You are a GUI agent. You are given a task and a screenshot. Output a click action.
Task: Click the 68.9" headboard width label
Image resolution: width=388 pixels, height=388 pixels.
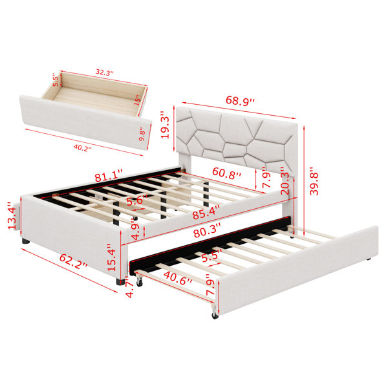coord(240,101)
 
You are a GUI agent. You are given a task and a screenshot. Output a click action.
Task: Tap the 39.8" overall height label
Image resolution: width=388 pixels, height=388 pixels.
coord(314,181)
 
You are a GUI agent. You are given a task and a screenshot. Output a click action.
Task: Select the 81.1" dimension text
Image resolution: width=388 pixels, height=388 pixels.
coord(109,175)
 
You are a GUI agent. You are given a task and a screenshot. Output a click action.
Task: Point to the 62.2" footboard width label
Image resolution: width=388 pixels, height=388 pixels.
coord(73,261)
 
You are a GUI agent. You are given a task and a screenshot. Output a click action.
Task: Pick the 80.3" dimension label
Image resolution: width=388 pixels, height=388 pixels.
coord(207,231)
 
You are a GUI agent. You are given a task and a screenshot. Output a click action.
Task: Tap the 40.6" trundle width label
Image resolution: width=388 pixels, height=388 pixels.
coord(178,277)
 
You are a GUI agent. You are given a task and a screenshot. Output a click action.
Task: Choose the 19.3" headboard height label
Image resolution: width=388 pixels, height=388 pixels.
coord(165,124)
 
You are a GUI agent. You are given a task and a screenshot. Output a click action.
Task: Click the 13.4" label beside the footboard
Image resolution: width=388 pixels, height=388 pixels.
coord(12,215)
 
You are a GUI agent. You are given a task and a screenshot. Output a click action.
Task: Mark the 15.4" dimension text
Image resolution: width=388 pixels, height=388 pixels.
coord(111,257)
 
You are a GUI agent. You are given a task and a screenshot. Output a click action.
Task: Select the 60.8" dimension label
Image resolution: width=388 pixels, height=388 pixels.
coord(226,173)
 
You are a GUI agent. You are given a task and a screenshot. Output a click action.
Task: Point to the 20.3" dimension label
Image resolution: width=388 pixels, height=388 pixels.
coord(285,180)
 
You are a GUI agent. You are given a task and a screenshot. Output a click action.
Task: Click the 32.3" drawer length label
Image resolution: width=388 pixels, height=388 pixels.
coord(105,72)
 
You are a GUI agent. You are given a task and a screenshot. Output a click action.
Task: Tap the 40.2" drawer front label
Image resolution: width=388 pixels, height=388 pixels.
coord(83,148)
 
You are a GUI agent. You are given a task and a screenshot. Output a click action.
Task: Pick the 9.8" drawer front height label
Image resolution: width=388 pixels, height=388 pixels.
coord(142,134)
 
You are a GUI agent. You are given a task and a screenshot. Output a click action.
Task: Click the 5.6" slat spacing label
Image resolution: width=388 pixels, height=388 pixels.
coord(138,200)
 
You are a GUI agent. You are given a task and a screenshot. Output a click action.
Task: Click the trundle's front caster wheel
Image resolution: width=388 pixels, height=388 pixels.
coord(215,314)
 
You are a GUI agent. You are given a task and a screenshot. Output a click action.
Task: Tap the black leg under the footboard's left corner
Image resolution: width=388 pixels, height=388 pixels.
coord(25,241)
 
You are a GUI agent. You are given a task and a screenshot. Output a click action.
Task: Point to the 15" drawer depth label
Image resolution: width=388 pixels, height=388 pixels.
coord(138,100)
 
